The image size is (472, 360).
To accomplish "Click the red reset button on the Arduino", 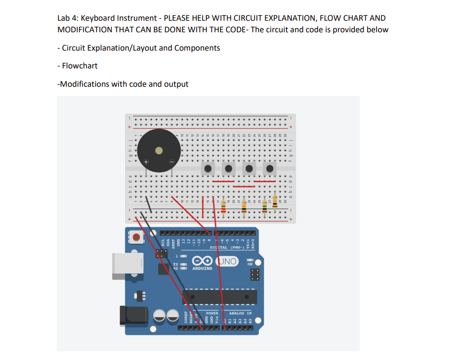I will tap(137, 238).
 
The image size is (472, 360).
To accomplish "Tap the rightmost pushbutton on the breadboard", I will tap(270, 169).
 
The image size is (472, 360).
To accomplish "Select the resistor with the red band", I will tap(223, 208).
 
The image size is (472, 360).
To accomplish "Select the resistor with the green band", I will tap(264, 208).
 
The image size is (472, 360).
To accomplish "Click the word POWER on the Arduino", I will tap(212, 313).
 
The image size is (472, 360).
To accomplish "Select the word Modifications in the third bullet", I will tap(83, 84).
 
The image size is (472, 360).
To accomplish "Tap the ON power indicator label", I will tap(250, 264).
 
